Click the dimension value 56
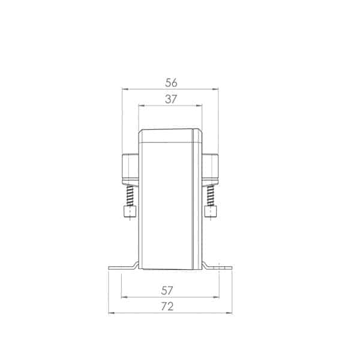[x=171, y=83]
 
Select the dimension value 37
[x=171, y=99]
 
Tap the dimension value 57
[x=167, y=290]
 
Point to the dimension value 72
[x=167, y=307]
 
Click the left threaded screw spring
[x=130, y=196]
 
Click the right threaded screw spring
[x=211, y=196]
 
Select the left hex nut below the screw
[x=130, y=211]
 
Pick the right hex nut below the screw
[x=211, y=211]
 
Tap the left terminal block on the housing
[x=130, y=169]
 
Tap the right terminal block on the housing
[x=211, y=169]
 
